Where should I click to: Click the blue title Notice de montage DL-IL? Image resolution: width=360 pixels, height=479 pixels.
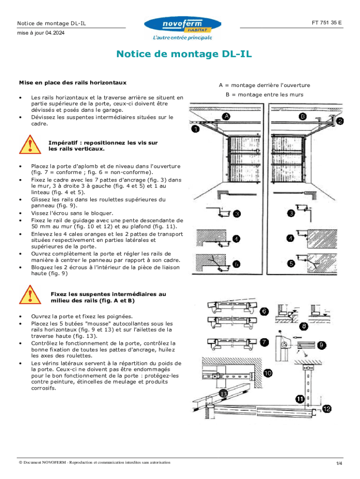tap(184, 54)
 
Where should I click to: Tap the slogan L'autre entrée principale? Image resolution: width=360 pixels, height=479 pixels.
tap(182, 37)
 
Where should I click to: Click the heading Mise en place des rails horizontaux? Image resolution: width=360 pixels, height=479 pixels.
tap(72, 82)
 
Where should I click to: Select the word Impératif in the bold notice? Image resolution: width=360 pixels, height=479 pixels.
tap(63, 142)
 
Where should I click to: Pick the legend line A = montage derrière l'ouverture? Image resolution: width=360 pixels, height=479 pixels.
tap(264, 85)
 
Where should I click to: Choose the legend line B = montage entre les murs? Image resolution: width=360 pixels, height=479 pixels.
tap(264, 94)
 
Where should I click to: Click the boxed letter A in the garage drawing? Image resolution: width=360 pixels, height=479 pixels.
tap(226, 116)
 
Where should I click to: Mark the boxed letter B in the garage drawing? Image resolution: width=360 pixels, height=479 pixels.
tap(303, 116)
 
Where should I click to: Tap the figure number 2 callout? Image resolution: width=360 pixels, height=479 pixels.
tap(340, 121)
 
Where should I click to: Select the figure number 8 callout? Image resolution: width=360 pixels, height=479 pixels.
tap(304, 326)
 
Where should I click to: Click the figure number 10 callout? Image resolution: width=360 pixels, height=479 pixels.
tap(267, 373)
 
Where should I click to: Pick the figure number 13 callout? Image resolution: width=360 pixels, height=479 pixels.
tap(224, 394)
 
